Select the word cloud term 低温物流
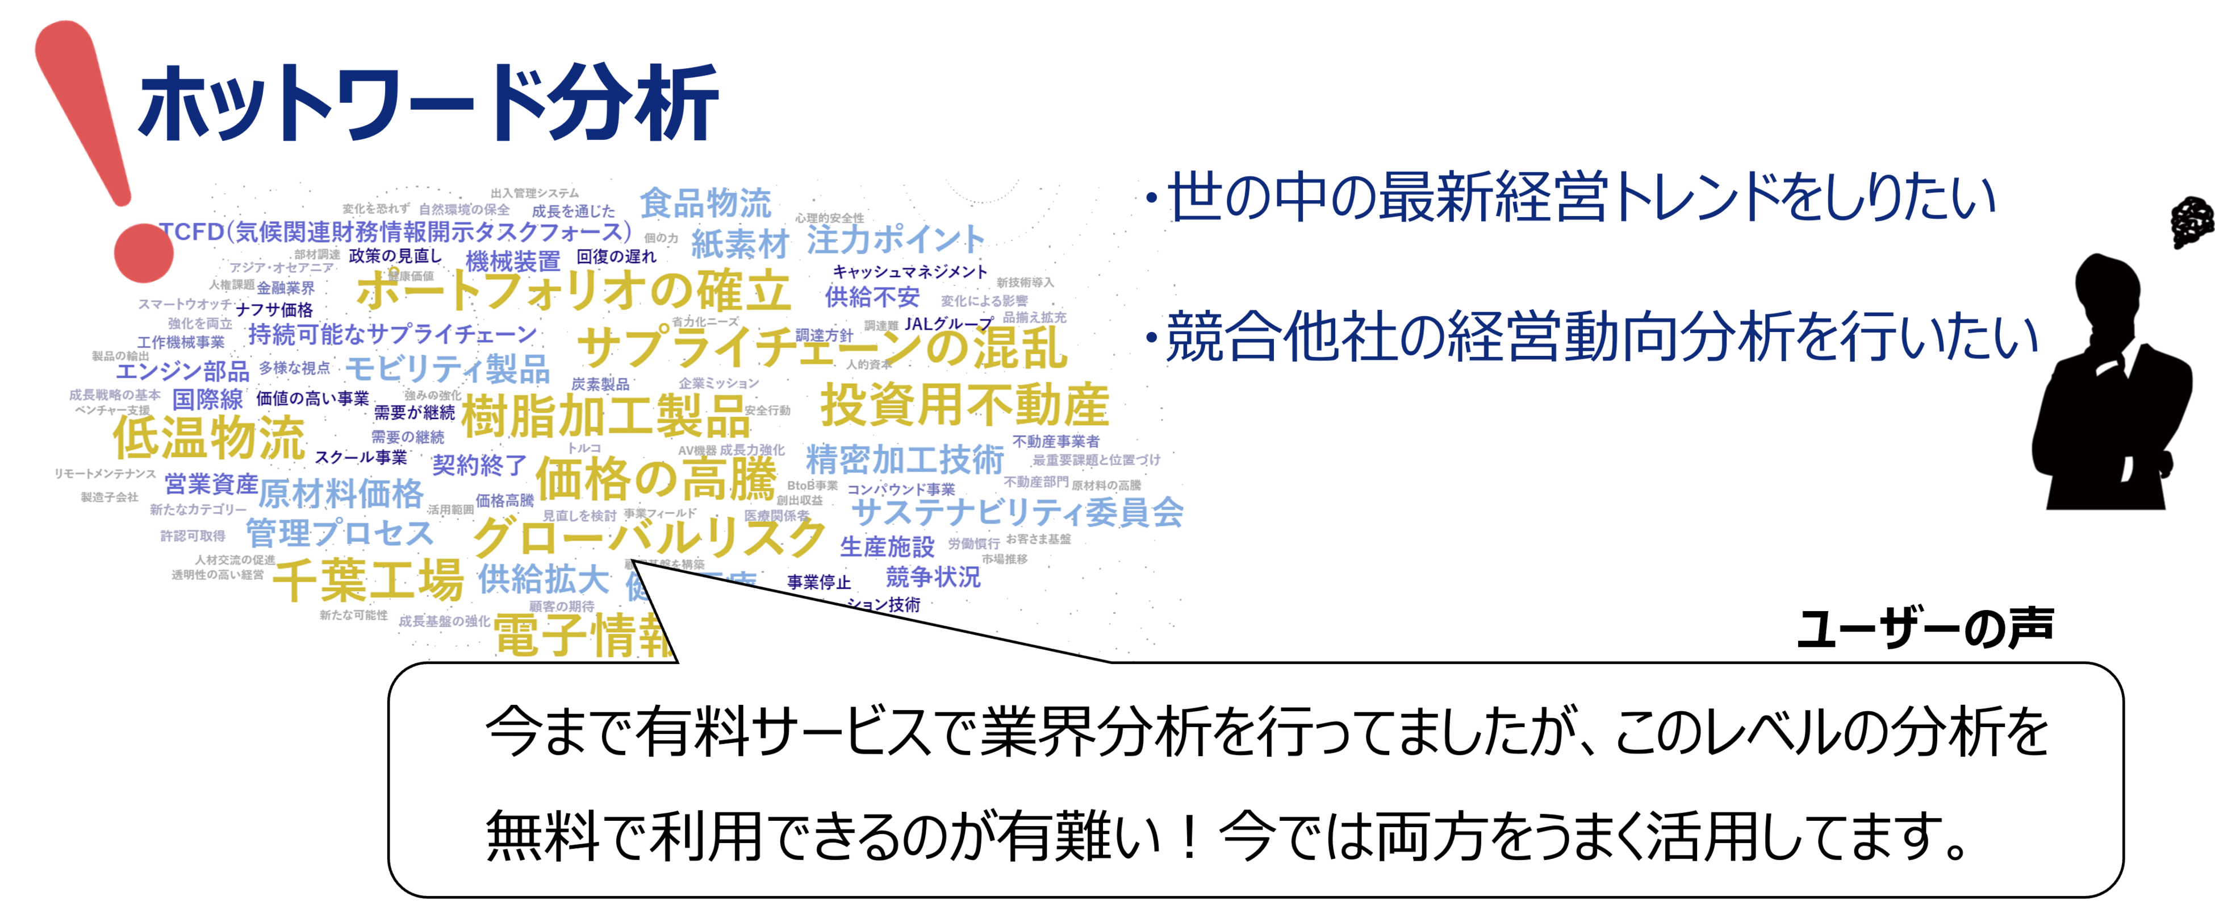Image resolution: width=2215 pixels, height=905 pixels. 209,437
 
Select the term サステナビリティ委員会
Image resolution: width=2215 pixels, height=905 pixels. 1017,512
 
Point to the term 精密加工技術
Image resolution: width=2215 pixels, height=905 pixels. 905,459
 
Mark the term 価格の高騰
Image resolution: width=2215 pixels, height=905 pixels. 655,479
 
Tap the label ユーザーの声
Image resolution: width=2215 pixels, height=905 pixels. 1924,629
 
